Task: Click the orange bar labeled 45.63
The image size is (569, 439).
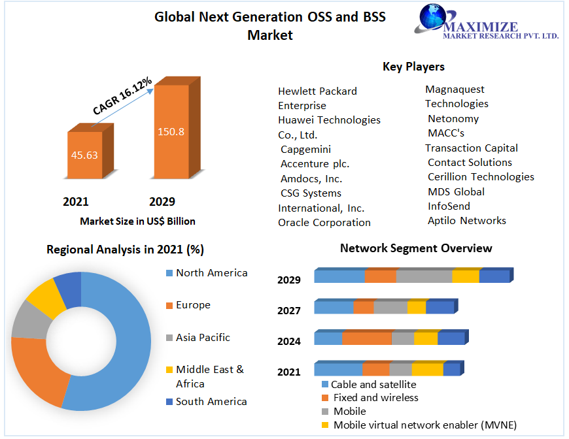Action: pos(85,155)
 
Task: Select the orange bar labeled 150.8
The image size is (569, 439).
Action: pos(171,131)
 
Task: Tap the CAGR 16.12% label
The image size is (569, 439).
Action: pos(122,96)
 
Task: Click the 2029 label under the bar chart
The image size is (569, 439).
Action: pos(162,202)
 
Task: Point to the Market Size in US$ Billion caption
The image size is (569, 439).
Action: pos(137,221)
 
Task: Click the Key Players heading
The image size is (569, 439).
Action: pos(413,67)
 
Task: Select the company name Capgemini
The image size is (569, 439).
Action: pos(305,150)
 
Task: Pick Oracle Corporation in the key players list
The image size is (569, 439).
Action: pos(324,223)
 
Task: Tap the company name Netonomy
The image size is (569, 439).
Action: pos(453,119)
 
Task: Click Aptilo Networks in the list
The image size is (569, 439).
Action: pos(467,221)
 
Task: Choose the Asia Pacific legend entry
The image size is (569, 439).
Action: pos(203,338)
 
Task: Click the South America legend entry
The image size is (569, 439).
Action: pos(211,402)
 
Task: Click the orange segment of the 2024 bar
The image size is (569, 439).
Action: pos(367,338)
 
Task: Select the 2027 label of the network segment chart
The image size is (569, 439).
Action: pos(289,310)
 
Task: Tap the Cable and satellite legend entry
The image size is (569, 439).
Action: pos(373,385)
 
